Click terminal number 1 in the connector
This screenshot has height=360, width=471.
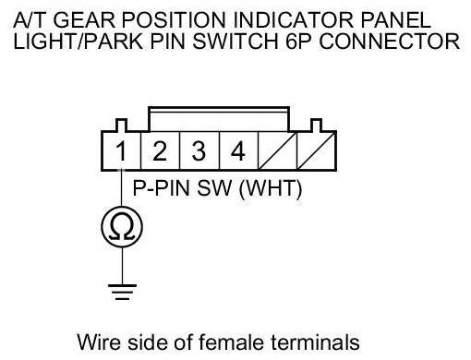(x=121, y=151)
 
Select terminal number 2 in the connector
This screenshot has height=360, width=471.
(x=160, y=151)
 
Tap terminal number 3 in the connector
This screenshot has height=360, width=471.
(x=199, y=151)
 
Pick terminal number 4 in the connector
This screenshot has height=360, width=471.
(x=238, y=151)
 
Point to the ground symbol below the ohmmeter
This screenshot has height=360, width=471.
(x=122, y=292)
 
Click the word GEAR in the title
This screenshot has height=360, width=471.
(x=84, y=20)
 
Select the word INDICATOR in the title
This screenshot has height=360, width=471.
(x=293, y=20)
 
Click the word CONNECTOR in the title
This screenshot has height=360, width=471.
(x=390, y=42)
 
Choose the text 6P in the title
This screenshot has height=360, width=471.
(x=298, y=42)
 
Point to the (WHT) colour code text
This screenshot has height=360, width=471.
(x=271, y=188)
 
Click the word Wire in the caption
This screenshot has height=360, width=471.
(x=100, y=342)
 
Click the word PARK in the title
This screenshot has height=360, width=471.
(x=114, y=42)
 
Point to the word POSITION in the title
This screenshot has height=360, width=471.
(x=174, y=20)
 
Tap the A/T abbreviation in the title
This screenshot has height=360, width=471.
(x=30, y=20)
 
